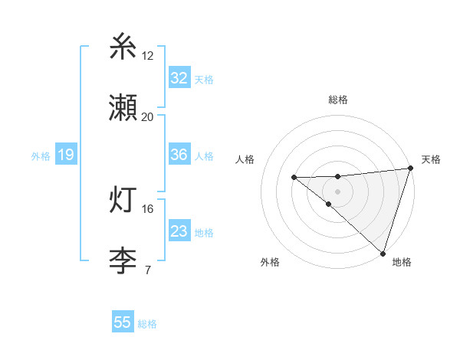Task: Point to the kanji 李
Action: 123,260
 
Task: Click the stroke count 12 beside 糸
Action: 148,55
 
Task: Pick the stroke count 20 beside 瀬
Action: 148,116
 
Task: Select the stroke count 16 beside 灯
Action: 148,208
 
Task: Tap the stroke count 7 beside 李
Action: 147,270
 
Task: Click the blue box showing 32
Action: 179,78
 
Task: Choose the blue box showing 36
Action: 179,155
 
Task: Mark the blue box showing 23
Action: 179,231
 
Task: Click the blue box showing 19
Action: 66,155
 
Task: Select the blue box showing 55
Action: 123,322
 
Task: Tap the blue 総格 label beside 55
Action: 147,324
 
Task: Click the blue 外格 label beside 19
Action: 41,156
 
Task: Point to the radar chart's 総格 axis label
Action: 338,100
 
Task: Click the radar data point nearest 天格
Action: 410,168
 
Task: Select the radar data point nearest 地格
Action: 383,253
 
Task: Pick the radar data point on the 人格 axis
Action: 294,177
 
